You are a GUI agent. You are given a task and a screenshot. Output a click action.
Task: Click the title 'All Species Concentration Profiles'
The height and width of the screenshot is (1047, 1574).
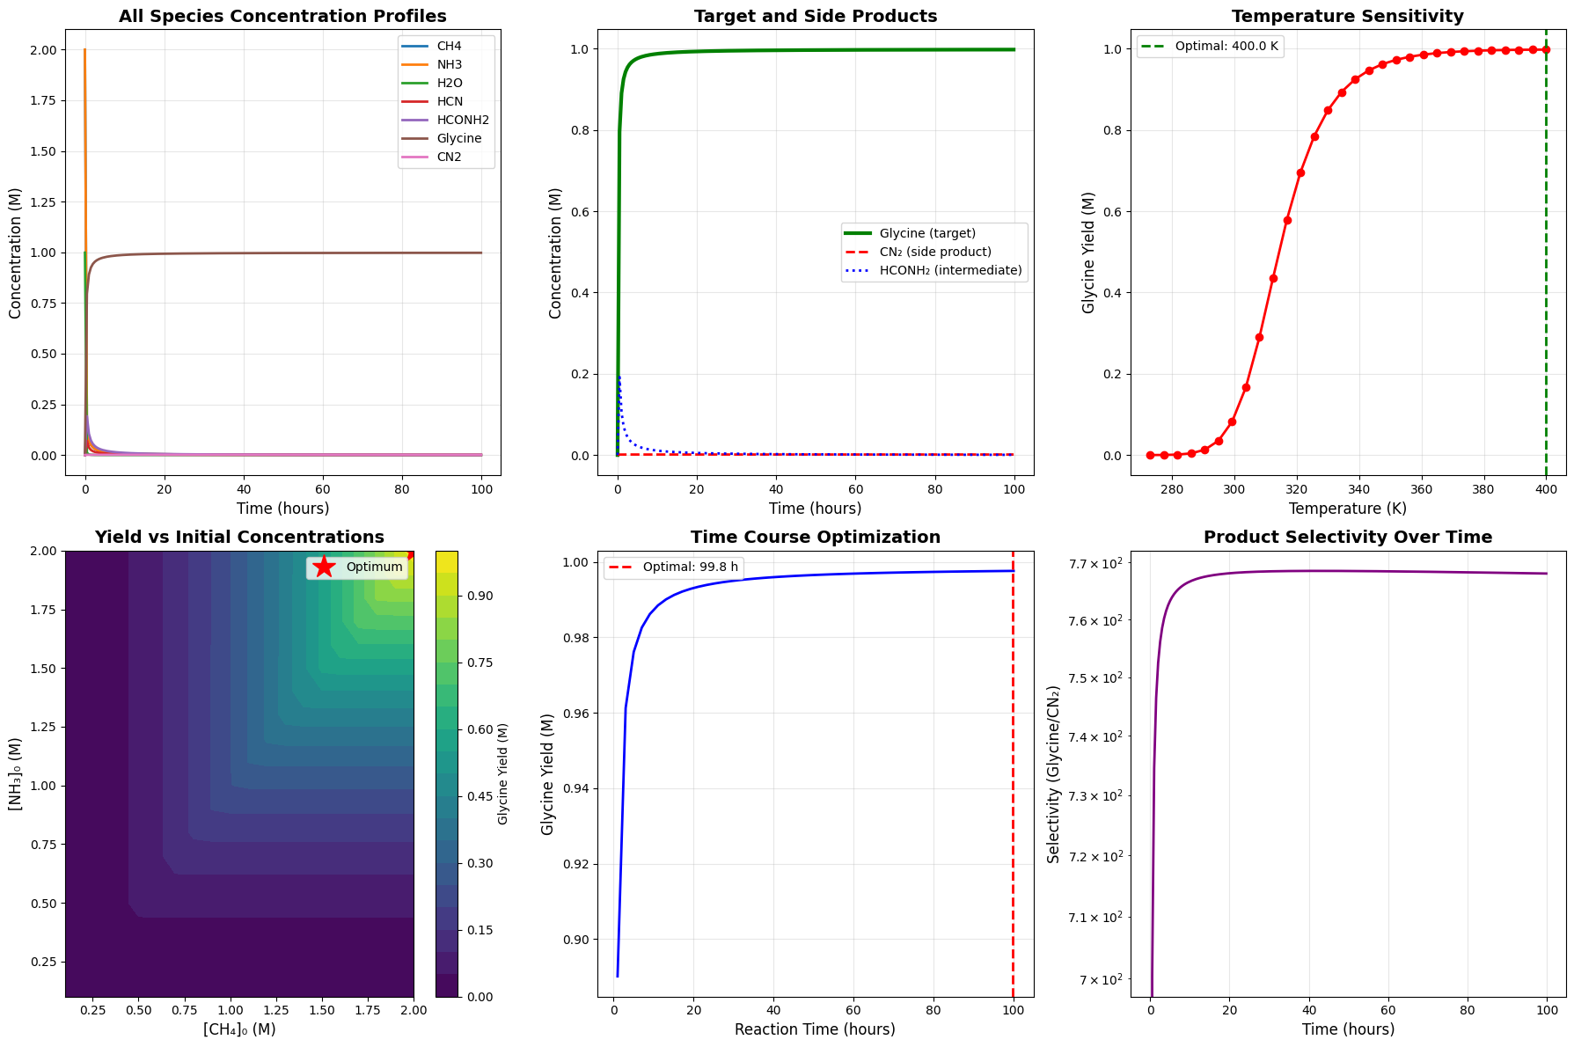tap(282, 17)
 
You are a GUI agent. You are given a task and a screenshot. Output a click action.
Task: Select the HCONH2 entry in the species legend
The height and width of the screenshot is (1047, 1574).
tap(463, 121)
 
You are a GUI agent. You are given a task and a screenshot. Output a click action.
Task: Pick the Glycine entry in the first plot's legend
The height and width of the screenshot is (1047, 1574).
tap(459, 139)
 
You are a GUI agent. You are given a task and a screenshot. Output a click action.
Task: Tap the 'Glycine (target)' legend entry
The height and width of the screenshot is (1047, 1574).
tap(927, 234)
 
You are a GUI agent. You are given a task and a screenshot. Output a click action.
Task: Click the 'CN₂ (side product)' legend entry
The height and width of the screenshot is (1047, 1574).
tap(935, 253)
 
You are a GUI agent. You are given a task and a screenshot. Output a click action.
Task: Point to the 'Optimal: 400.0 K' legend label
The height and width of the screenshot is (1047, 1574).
tap(1226, 47)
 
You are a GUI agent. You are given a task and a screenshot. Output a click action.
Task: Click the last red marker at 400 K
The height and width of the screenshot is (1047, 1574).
tap(1546, 49)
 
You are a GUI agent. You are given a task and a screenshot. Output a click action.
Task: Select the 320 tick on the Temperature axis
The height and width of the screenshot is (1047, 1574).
tap(1297, 489)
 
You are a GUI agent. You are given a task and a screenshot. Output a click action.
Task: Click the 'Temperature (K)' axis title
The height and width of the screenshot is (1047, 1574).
tap(1347, 509)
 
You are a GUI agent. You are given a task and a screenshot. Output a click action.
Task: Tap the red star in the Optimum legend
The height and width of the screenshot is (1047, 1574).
tap(325, 567)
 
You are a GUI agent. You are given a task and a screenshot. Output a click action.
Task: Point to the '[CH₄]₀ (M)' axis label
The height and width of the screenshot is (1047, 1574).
tap(239, 1029)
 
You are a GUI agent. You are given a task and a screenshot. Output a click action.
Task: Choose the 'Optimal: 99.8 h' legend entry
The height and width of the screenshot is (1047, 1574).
tap(690, 567)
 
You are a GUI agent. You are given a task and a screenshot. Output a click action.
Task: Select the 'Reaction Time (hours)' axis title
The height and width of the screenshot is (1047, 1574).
tap(815, 1029)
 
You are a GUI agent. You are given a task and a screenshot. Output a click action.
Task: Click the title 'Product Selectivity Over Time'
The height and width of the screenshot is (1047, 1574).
tap(1347, 538)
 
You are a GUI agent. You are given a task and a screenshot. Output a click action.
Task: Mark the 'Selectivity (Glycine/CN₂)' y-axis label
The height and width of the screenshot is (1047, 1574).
tap(1054, 774)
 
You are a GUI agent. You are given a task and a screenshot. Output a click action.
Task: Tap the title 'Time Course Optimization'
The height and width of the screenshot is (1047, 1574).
tap(815, 538)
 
